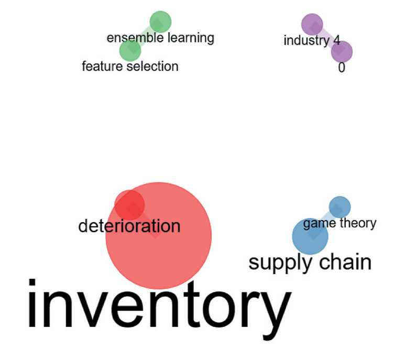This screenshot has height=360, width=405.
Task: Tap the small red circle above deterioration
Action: click(x=129, y=204)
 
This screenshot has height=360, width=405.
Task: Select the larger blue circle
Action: click(x=310, y=236)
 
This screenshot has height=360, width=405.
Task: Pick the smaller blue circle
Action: click(x=340, y=206)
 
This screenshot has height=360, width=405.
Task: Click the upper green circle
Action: click(x=160, y=22)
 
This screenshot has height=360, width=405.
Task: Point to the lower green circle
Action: click(x=130, y=50)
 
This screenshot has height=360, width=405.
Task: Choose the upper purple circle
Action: click(x=312, y=24)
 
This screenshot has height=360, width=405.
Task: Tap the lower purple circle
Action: click(x=342, y=51)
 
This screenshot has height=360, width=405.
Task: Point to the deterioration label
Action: click(x=129, y=226)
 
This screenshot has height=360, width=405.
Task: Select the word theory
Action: click(x=358, y=223)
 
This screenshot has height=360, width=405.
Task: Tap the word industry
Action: click(x=306, y=40)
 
